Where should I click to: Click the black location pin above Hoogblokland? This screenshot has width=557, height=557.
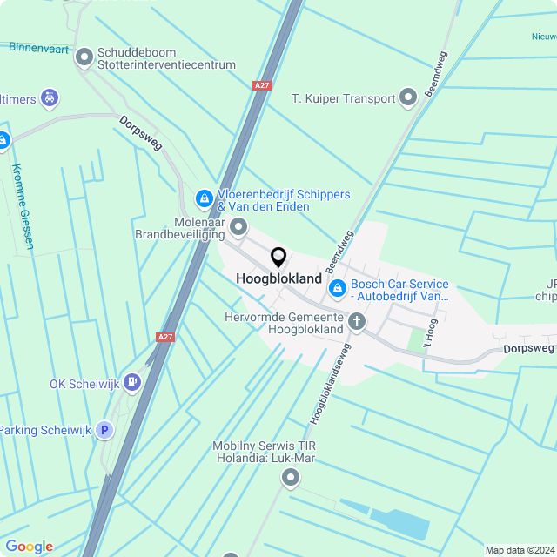click(x=278, y=257)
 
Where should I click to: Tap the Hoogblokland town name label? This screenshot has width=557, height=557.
click(x=278, y=278)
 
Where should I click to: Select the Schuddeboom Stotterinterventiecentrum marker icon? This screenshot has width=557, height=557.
click(x=84, y=57)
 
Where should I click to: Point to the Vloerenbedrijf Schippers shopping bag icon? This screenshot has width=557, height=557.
click(x=204, y=199)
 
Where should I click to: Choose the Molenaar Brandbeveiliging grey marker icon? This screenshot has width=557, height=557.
click(x=238, y=228)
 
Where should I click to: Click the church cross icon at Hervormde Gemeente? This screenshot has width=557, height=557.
click(x=356, y=322)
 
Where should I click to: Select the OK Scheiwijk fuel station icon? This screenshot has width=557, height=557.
click(x=131, y=380)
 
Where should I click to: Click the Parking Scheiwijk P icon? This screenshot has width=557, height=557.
click(x=104, y=429)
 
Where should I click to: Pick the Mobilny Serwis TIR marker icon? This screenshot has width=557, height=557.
click(x=291, y=478)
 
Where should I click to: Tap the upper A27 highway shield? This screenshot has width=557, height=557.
click(x=262, y=85)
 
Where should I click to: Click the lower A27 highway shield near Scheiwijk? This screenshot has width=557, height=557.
click(x=164, y=336)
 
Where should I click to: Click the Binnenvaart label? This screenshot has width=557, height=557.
click(x=39, y=47)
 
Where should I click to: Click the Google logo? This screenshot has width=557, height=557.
click(x=29, y=547)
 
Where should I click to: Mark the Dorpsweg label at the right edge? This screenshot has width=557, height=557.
click(x=528, y=348)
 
